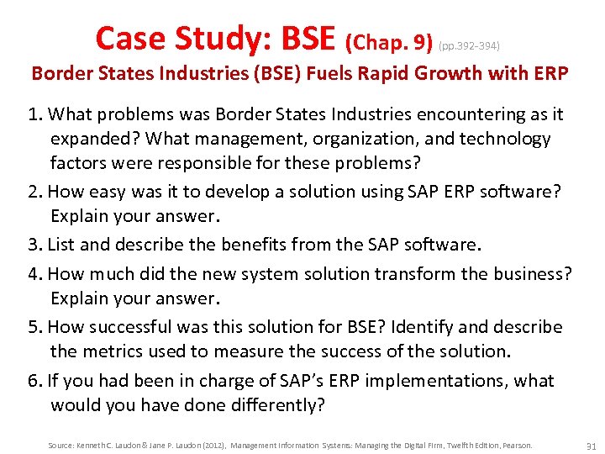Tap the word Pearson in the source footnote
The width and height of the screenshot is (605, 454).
(x=517, y=445)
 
